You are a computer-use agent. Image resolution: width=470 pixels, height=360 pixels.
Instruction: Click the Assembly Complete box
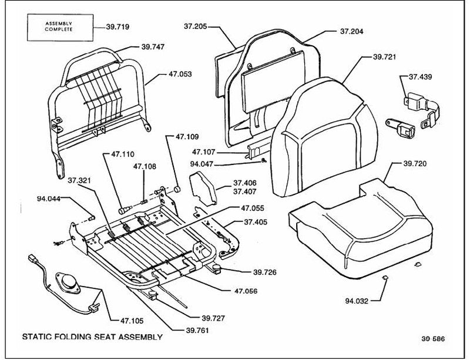[61, 27]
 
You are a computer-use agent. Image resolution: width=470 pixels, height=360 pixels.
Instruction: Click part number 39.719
[118, 27]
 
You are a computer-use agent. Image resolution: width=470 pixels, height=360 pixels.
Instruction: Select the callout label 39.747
[153, 47]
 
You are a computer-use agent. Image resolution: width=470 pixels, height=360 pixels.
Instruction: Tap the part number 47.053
[180, 74]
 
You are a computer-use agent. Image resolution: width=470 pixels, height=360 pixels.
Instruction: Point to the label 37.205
[196, 26]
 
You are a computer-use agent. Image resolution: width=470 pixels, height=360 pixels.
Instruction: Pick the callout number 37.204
[351, 32]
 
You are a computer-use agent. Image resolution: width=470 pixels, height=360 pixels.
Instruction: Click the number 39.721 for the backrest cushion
[384, 57]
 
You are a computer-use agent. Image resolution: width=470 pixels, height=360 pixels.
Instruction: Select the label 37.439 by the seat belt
[421, 77]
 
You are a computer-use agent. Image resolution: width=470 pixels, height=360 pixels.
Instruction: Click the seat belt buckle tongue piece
[401, 127]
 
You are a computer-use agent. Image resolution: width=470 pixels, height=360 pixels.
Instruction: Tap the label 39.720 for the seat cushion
[415, 164]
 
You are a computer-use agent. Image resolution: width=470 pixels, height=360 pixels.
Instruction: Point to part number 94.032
[357, 301]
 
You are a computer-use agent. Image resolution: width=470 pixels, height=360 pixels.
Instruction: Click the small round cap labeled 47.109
[177, 189]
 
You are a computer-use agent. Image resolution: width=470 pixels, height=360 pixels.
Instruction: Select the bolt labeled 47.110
[125, 209]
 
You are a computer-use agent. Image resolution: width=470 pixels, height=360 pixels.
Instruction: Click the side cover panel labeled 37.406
[203, 188]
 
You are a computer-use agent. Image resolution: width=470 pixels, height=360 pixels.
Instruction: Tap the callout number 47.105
[132, 321]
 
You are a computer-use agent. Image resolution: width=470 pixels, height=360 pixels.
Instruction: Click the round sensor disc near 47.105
[68, 282]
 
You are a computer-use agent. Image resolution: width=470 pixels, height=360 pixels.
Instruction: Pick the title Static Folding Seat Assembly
[92, 337]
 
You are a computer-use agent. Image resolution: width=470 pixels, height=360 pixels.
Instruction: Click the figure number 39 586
[433, 339]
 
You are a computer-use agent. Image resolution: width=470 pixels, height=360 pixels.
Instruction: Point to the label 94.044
[49, 198]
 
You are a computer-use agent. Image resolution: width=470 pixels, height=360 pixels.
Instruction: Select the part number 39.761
[197, 331]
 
